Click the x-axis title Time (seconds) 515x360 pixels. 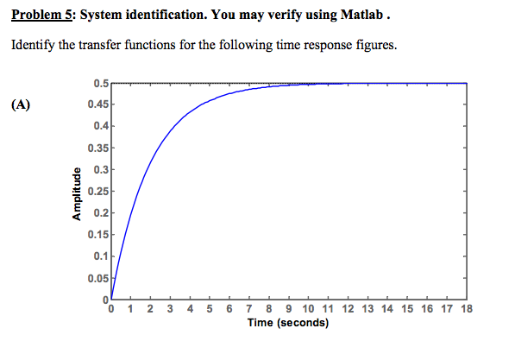click(x=288, y=323)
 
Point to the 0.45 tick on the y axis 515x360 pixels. click(x=97, y=104)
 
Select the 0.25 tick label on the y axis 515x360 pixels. click(x=97, y=191)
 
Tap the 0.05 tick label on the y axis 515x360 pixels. click(x=97, y=277)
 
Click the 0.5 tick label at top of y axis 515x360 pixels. click(x=101, y=84)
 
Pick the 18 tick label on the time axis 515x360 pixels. click(x=468, y=309)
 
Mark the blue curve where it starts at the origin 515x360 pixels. click(x=113, y=298)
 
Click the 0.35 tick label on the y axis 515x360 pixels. click(x=97, y=148)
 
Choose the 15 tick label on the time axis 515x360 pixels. click(x=408, y=309)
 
